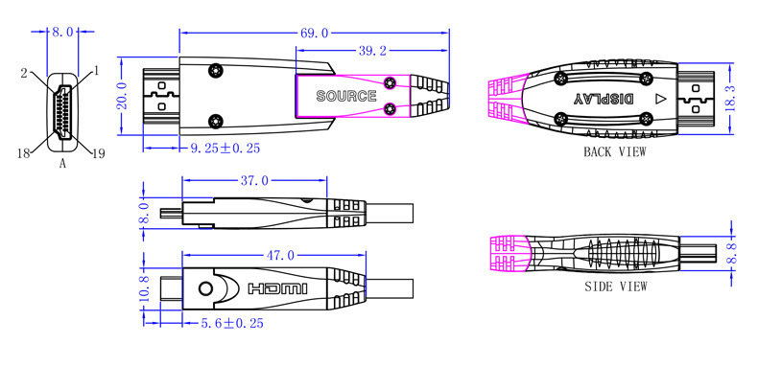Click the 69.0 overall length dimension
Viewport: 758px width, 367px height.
click(314, 33)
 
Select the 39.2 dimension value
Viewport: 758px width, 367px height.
click(372, 51)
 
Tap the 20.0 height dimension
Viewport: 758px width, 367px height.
click(121, 96)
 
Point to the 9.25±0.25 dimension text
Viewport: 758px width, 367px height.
click(225, 148)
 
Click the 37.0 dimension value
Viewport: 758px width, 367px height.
click(254, 180)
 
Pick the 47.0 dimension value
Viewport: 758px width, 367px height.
click(281, 255)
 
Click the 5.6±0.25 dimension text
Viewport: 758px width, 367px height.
click(232, 323)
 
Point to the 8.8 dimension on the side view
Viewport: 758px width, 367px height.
click(733, 253)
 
